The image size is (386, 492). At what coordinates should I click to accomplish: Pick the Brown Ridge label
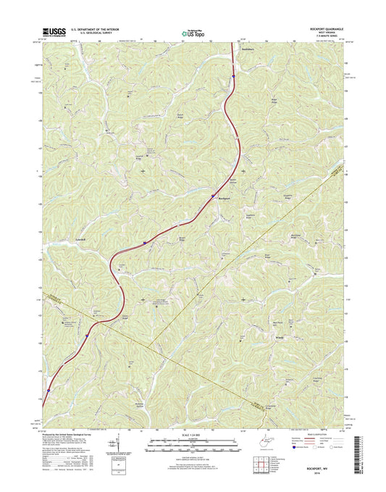click(183, 238)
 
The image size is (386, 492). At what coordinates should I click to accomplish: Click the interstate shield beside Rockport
click(211, 196)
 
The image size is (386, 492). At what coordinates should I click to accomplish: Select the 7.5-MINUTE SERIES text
click(322, 37)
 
